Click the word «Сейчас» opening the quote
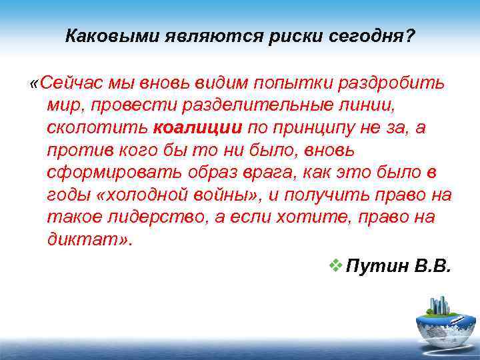click(x=67, y=83)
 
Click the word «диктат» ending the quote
click(x=81, y=240)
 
